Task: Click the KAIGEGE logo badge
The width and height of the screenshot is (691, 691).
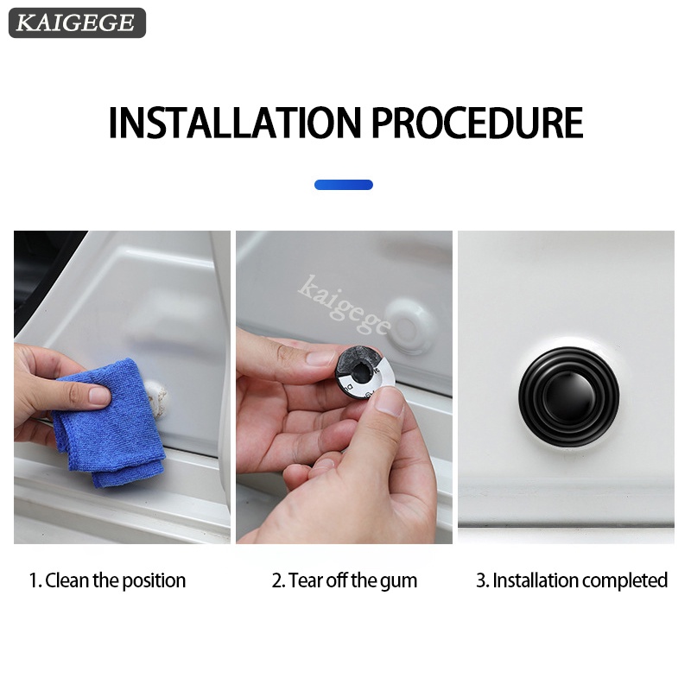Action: click(x=77, y=22)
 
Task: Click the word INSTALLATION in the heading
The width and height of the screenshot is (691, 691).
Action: click(x=234, y=123)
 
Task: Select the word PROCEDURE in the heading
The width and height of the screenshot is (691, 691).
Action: click(x=478, y=123)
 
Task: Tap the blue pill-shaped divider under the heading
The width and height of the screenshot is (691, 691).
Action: click(x=344, y=185)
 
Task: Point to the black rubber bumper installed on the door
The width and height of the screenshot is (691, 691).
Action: click(x=568, y=396)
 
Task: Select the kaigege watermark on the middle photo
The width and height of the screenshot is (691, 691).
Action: click(x=344, y=304)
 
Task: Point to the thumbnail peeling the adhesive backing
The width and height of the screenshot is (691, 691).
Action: click(x=390, y=401)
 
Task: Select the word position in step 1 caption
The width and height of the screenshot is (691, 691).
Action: click(x=154, y=581)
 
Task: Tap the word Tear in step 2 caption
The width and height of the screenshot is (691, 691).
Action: click(x=304, y=580)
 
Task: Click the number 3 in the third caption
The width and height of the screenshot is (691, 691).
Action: click(x=480, y=580)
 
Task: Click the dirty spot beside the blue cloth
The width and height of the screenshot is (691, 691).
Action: click(x=158, y=396)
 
